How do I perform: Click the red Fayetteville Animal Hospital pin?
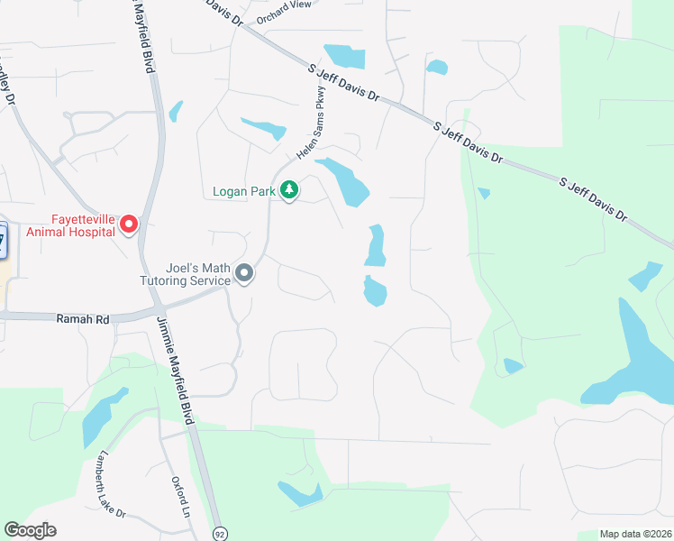129,223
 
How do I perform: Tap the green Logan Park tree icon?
289,190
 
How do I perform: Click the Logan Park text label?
243,191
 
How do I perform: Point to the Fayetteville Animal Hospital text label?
70,225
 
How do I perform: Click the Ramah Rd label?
82,319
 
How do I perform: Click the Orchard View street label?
283,5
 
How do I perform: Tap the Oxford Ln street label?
182,496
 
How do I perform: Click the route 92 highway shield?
220,534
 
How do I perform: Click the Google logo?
30,530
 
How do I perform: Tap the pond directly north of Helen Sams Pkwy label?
346,56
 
